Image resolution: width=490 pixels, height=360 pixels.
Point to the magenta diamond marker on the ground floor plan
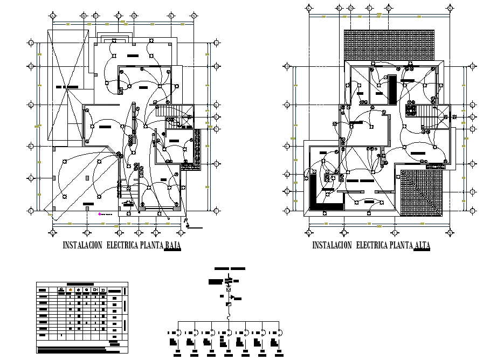[x=99, y=214]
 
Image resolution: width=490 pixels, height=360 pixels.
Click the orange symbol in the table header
[x=70, y=289]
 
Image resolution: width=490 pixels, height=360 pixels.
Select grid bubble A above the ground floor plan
[x=52, y=16]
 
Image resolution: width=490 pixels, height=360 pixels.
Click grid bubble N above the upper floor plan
[x=450, y=8]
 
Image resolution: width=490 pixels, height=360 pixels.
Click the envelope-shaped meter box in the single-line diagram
[x=229, y=289]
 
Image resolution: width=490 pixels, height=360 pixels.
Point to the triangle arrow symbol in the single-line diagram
[x=232, y=297]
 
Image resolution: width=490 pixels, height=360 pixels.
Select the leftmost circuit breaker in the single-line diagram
[x=178, y=331]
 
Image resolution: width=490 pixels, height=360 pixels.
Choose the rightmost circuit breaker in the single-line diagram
[x=279, y=331]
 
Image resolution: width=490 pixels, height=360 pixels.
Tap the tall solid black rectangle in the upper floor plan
[x=392, y=89]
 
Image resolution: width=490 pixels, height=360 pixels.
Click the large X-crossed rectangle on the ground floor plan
[x=66, y=86]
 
